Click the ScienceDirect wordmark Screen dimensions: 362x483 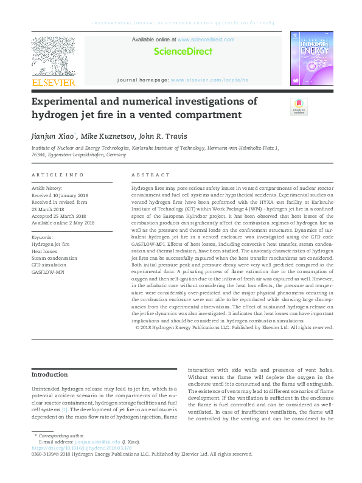[x=183, y=52]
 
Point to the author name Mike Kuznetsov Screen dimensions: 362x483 [x=111, y=135]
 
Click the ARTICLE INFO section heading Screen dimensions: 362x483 [x=57, y=175]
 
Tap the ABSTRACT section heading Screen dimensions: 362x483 [x=146, y=175]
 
